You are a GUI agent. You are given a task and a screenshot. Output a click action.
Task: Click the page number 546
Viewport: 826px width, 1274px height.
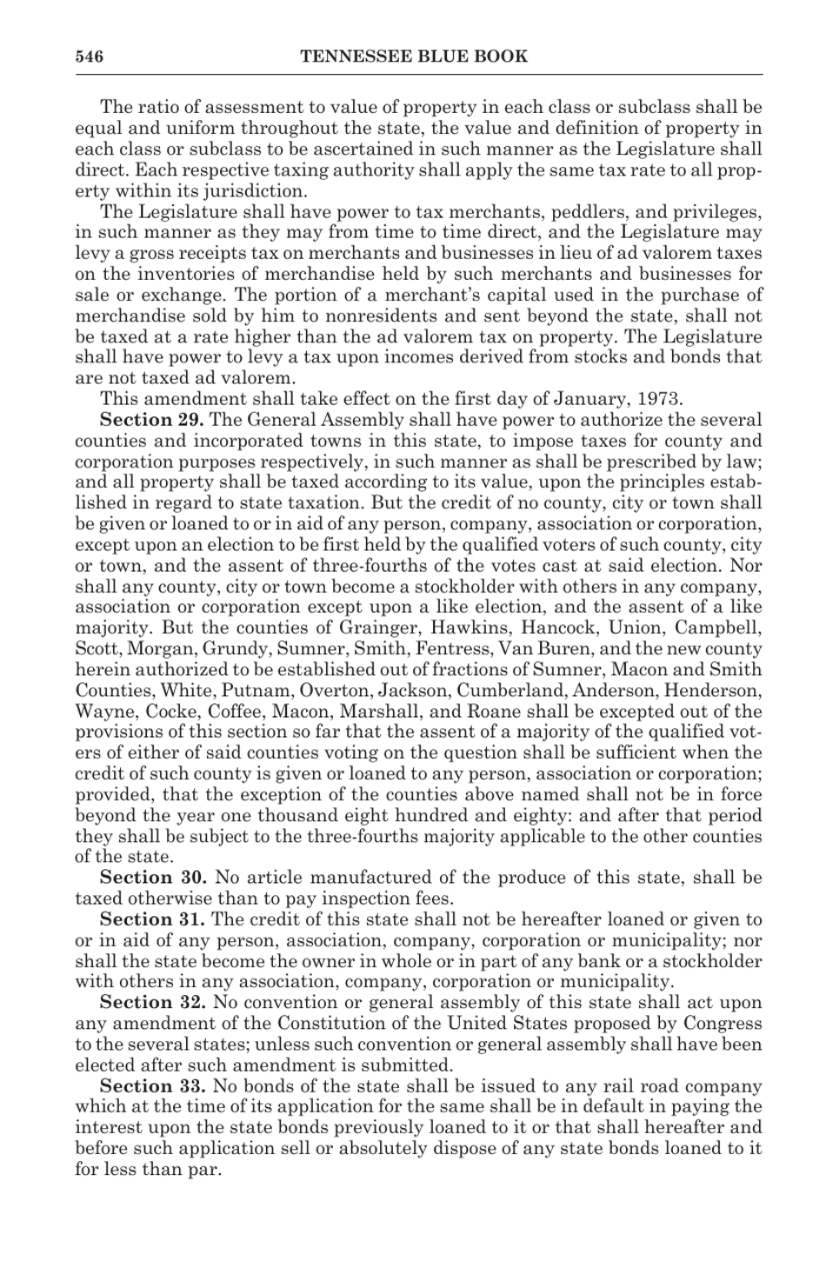89,57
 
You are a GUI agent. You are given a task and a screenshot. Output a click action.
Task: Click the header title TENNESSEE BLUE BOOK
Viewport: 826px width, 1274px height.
413,57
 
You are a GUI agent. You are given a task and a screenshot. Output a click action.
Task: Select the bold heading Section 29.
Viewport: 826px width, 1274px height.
152,420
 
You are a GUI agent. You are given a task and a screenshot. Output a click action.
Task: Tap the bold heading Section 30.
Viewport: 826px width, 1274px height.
152,878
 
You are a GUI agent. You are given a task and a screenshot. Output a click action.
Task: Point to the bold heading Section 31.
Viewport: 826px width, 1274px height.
152,919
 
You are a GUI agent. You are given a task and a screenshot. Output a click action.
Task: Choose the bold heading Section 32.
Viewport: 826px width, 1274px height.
152,1003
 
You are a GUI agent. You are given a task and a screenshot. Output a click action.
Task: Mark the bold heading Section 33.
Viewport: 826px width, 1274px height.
152,1086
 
